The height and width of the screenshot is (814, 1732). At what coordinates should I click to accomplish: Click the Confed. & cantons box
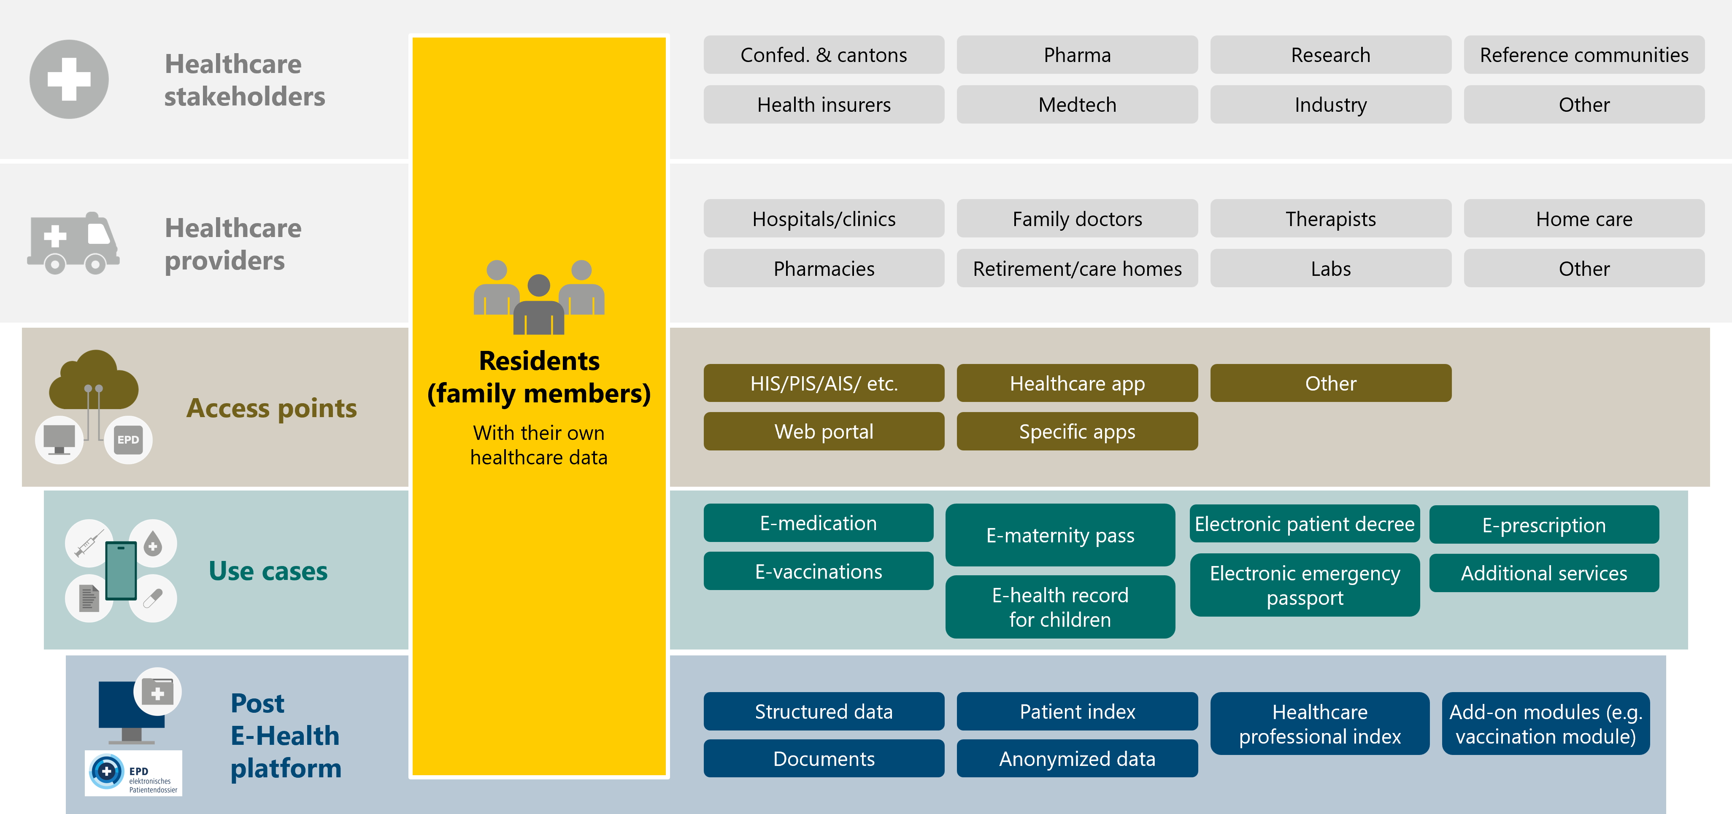pyautogui.click(x=824, y=55)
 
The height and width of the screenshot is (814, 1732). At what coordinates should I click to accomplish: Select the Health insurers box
pyautogui.click(x=824, y=105)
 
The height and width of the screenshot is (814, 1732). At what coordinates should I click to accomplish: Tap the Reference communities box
pyautogui.click(x=1583, y=55)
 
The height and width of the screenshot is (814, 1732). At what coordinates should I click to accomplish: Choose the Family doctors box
pyautogui.click(x=1077, y=219)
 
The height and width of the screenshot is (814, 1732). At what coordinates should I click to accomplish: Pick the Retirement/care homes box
pyautogui.click(x=1077, y=269)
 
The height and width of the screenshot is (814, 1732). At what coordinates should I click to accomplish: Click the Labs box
pyautogui.click(x=1331, y=269)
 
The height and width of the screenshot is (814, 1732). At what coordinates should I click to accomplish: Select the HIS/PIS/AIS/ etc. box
pyautogui.click(x=824, y=383)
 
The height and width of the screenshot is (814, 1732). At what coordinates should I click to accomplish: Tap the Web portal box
pyautogui.click(x=824, y=431)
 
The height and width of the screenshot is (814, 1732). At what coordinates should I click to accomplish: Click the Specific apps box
pyautogui.click(x=1077, y=431)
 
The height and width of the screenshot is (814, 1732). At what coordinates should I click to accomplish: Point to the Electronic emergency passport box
pyautogui.click(x=1304, y=585)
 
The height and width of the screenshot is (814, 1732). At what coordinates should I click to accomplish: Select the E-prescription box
pyautogui.click(x=1544, y=525)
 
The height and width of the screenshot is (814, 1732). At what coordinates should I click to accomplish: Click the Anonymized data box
pyautogui.click(x=1077, y=759)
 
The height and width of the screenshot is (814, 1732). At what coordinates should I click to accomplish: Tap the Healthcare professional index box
pyautogui.click(x=1319, y=724)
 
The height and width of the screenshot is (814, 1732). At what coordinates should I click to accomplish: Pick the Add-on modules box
pyautogui.click(x=1545, y=724)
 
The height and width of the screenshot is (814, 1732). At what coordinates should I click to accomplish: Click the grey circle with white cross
pyautogui.click(x=69, y=79)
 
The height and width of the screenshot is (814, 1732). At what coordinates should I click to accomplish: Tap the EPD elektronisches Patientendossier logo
pyautogui.click(x=133, y=773)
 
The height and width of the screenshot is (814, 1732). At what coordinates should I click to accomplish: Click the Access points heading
pyautogui.click(x=272, y=408)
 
